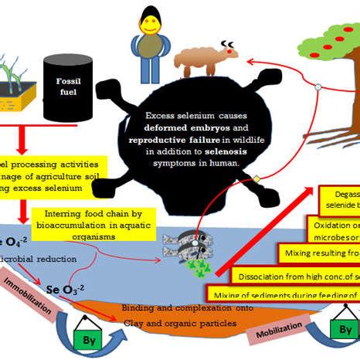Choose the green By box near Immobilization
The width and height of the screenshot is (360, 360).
click(x=86, y=339)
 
